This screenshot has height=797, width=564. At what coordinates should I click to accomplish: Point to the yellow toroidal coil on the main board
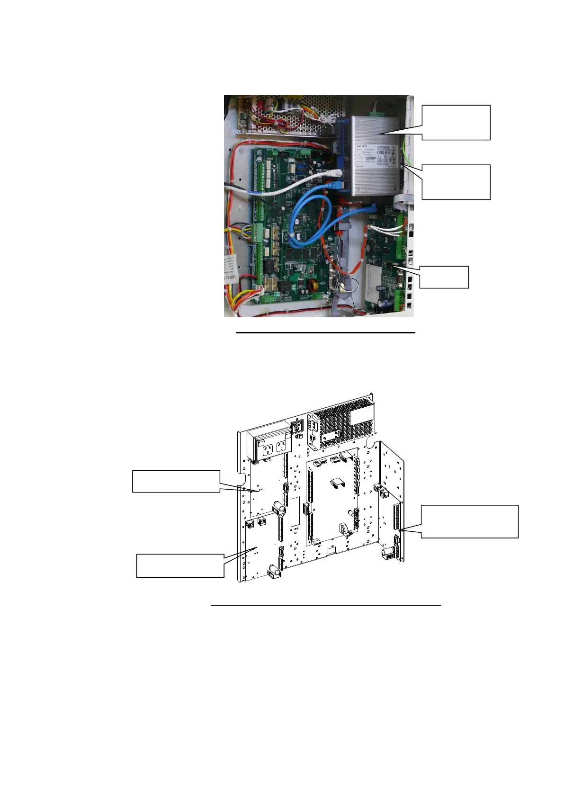(313, 286)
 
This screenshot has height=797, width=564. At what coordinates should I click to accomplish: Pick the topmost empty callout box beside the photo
(456, 122)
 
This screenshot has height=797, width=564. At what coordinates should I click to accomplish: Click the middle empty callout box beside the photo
(456, 182)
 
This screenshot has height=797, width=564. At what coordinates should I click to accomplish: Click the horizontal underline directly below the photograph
(325, 333)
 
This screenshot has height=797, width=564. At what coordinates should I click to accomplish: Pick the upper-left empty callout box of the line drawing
(176, 481)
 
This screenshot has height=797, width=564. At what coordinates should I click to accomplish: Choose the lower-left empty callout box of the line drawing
(180, 565)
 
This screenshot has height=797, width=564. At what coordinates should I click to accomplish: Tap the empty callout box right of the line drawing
(469, 521)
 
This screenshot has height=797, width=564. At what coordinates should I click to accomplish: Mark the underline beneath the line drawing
(325, 605)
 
